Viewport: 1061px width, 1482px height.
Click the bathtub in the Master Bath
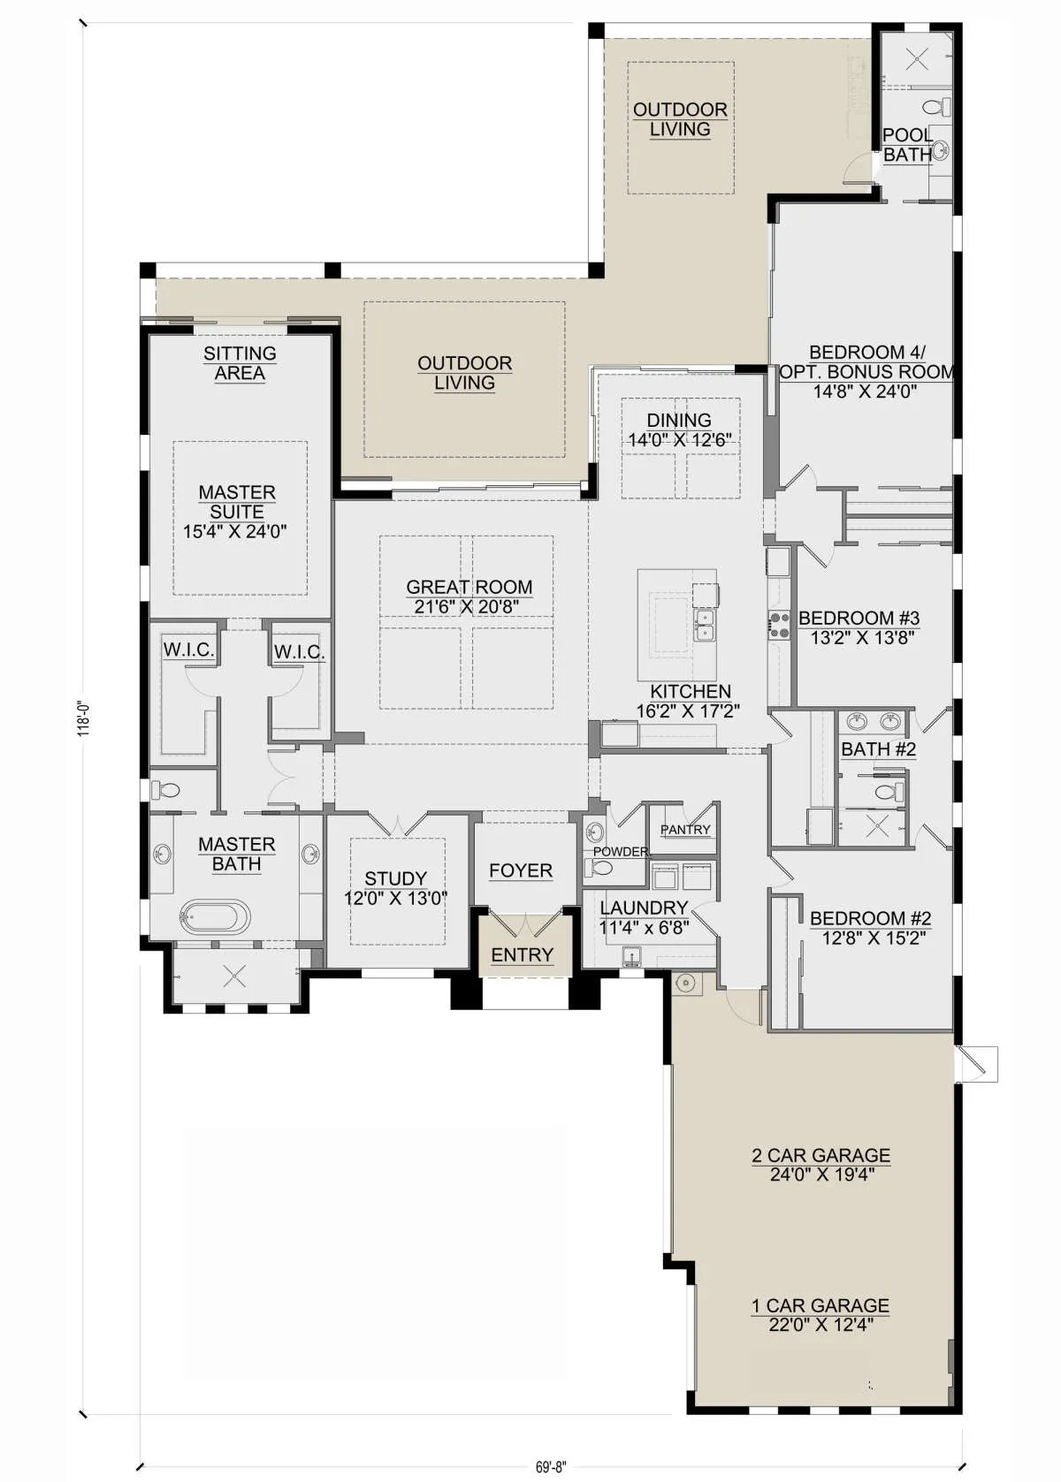coord(215,916)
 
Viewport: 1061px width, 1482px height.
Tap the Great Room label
coord(469,587)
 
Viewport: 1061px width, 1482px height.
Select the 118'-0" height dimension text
coord(83,718)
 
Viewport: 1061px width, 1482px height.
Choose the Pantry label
coord(685,830)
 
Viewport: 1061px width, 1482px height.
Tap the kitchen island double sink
coord(705,625)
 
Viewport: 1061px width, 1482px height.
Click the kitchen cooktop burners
coord(779,625)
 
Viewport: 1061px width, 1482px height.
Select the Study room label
coord(396,878)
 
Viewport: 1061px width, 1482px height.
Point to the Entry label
coord(523,954)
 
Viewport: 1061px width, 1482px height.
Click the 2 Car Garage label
coord(821,1155)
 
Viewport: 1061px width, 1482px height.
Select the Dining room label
coord(679,420)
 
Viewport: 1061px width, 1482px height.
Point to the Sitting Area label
coord(240,363)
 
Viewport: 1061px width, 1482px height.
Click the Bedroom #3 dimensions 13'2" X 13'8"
coord(859,638)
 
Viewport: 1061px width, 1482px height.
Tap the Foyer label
coord(521,870)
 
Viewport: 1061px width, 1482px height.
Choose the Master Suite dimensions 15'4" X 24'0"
coord(235,531)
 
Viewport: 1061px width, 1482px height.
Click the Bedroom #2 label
coord(870,918)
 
